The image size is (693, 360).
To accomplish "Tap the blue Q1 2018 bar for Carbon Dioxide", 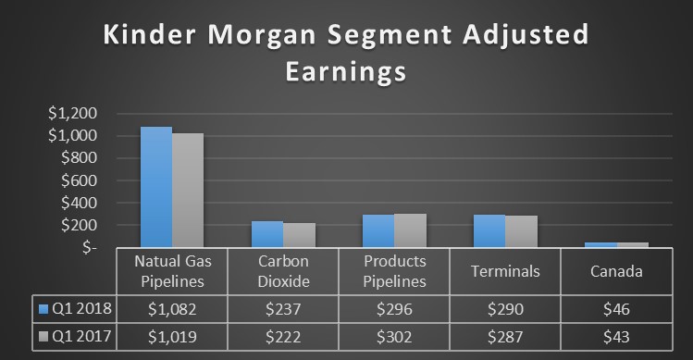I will pos(266,234).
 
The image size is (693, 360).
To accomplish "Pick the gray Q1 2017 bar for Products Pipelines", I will pos(410,230).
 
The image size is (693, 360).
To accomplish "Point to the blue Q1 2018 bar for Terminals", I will pos(489,231).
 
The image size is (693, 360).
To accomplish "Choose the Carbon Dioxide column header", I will pos(282,270).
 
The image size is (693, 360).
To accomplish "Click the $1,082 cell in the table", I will pos(172,308).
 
